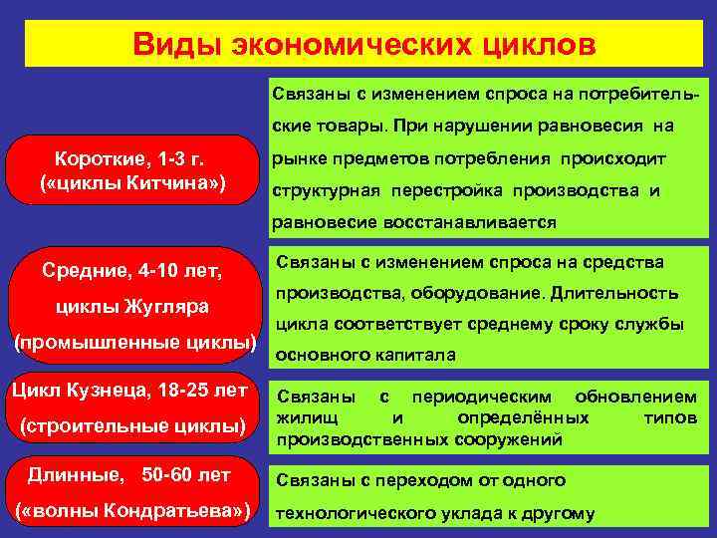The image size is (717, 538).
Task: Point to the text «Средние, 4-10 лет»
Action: pos(131,269)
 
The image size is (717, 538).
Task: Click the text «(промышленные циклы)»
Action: pos(134,344)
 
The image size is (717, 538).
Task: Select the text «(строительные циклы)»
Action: pos(132,427)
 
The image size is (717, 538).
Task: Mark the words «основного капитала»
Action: pos(364,355)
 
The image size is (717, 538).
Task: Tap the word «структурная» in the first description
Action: pos(320,190)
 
